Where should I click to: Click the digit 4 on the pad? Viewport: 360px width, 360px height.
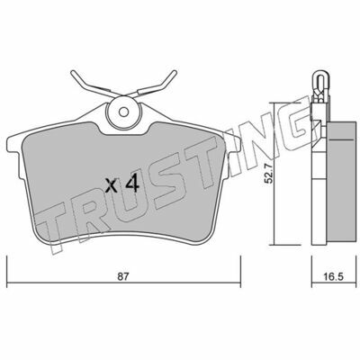(x=132, y=184)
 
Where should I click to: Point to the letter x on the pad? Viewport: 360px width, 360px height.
(x=112, y=185)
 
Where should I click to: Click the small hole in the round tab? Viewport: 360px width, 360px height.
(x=123, y=112)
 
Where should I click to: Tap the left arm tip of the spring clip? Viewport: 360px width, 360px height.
(x=73, y=72)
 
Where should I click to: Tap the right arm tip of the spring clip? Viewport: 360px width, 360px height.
(x=175, y=72)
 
